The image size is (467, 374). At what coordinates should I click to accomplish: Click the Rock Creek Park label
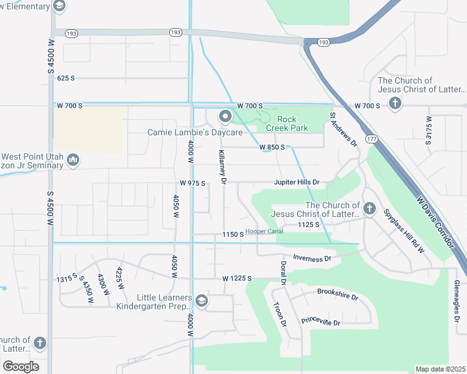[x=287, y=123]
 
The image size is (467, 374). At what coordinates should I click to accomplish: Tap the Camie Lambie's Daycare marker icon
[x=225, y=117]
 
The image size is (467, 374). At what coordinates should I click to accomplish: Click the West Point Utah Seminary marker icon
[x=73, y=160]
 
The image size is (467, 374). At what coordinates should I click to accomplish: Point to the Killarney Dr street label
[x=222, y=166]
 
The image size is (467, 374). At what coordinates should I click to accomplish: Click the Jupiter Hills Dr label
[x=297, y=183]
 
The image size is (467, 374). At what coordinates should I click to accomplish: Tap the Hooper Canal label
[x=264, y=231]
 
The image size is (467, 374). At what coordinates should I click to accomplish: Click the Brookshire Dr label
[x=338, y=294]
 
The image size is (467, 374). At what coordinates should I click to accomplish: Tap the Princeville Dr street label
[x=320, y=322]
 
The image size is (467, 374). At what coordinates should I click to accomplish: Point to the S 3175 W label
[x=429, y=130]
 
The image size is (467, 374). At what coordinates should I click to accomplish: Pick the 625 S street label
[x=66, y=78]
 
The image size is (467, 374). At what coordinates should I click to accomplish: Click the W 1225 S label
[x=237, y=278]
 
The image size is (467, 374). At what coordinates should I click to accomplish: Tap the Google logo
[x=21, y=366]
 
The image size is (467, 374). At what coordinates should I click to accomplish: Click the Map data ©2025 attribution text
[x=440, y=369]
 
